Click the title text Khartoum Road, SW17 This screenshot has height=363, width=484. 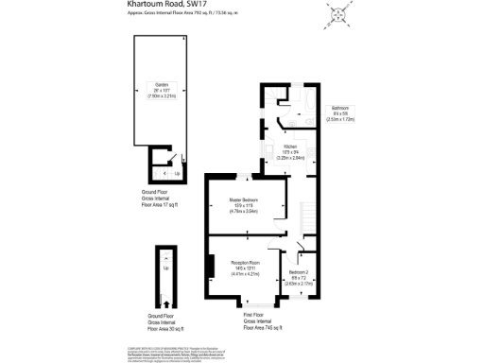[x=166, y=4]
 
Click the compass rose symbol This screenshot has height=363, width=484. [x=337, y=15]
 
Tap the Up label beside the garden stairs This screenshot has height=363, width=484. [x=178, y=174]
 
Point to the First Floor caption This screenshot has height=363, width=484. [x=253, y=314]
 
